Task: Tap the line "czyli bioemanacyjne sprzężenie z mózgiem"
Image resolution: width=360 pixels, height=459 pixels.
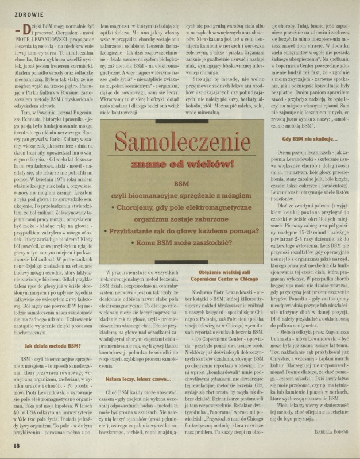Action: coord(179,197)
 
